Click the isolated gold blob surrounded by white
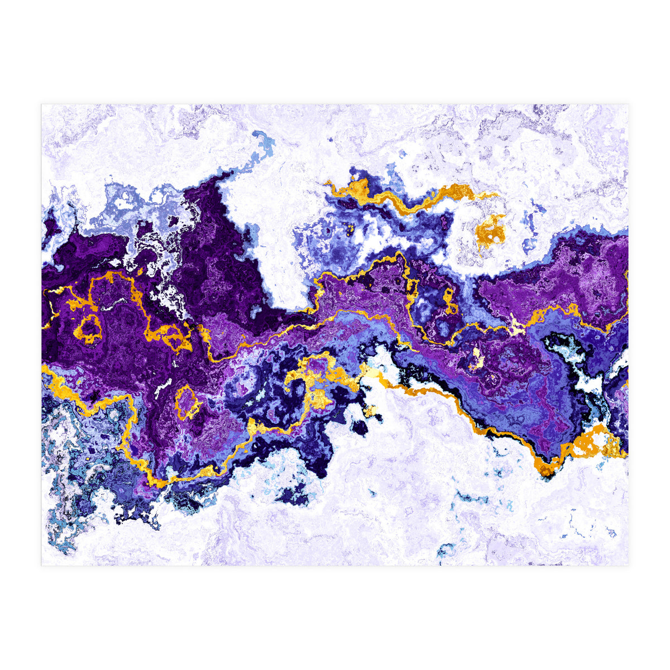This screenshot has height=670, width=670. pyautogui.click(x=490, y=232)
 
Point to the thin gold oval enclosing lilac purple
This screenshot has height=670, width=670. pyautogui.click(x=188, y=402)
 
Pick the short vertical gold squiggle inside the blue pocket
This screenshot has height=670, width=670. pyautogui.click(x=449, y=301)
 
